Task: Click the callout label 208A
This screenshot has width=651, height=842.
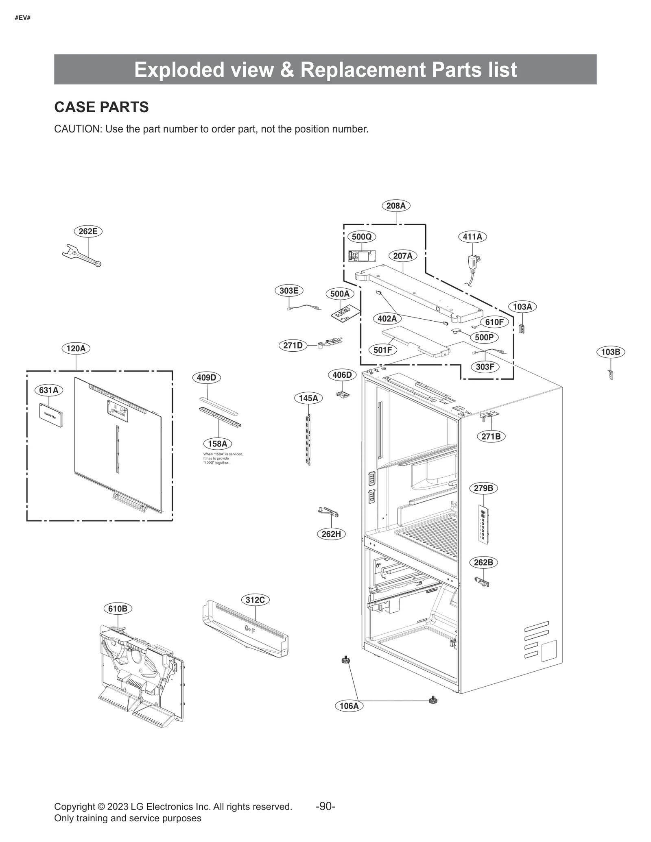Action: (395, 206)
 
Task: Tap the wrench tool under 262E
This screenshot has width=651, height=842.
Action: (82, 256)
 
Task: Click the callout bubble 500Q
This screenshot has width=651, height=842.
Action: (361, 237)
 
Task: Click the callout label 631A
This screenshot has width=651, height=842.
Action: (49, 390)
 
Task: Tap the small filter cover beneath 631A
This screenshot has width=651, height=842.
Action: (51, 415)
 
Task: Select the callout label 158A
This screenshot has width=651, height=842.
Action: (217, 444)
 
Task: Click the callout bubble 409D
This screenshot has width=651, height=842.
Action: (206, 378)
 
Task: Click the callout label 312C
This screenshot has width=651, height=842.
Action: (255, 600)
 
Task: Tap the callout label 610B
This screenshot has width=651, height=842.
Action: (118, 609)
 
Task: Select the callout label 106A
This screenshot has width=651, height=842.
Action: (349, 706)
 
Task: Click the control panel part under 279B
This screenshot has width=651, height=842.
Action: (483, 524)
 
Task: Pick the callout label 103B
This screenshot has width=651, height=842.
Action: (610, 352)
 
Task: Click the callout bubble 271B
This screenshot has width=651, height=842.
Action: (491, 437)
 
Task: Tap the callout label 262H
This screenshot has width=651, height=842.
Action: (331, 534)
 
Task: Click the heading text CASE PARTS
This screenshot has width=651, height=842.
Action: (101, 107)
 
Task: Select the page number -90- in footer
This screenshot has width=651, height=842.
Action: (325, 807)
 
